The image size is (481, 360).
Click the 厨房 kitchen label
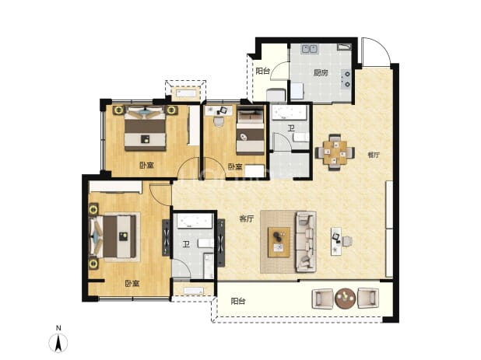[321, 73]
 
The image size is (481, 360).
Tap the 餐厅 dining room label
[374, 155]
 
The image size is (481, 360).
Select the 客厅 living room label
[247, 218]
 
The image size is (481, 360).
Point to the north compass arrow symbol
[58, 343]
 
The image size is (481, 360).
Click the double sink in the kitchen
[310, 49]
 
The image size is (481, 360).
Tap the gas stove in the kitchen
[346, 79]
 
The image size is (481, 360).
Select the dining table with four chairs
[335, 152]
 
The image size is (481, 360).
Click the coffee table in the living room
[279, 242]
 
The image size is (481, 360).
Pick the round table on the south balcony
[346, 298]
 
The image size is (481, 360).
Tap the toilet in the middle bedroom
[219, 121]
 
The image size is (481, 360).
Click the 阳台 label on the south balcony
[238, 301]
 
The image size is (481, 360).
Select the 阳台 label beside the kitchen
[263, 71]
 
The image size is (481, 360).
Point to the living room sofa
[306, 242]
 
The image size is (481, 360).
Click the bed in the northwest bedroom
[145, 128]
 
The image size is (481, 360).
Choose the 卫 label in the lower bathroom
[185, 244]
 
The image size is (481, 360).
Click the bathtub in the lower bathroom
[193, 221]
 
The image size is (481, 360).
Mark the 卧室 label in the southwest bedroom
[132, 283]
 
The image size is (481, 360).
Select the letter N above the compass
[58, 328]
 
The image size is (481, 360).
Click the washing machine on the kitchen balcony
[276, 96]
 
